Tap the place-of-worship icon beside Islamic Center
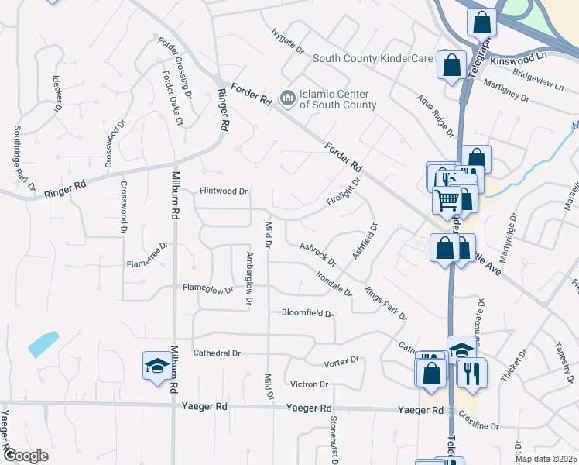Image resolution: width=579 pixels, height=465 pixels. point(288,98)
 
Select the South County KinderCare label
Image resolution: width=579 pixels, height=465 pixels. point(374,58)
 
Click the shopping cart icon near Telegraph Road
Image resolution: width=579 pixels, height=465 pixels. point(447,201)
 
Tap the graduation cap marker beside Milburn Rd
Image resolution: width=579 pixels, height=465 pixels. point(157,366)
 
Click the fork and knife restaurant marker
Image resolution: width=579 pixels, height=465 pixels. point(471,374)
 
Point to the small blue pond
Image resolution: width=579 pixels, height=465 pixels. point(43,343)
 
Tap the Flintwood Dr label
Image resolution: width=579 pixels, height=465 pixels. point(224,191)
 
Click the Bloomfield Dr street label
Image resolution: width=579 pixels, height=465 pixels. point(307,314)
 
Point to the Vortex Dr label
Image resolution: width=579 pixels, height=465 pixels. point(341,361)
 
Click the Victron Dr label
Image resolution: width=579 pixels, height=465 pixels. point(309,384)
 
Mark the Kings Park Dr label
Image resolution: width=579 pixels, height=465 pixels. point(385,304)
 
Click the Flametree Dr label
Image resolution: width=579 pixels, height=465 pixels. point(147,256)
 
